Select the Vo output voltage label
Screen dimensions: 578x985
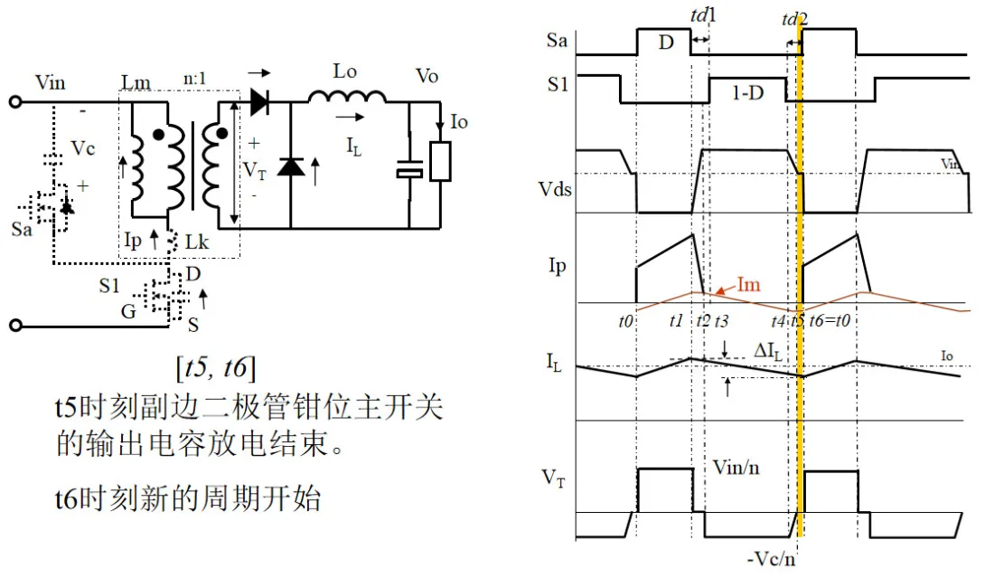(x=427, y=76)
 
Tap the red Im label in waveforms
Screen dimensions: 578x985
(x=748, y=285)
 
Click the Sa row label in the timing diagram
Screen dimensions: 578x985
(x=558, y=41)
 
